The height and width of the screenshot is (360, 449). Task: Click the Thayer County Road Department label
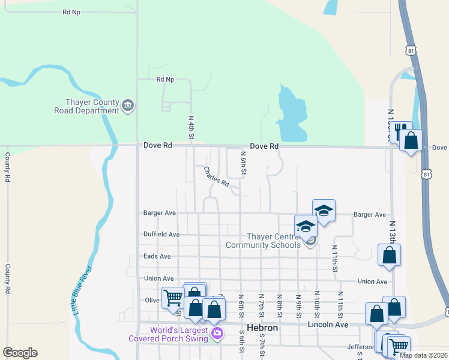[87, 106]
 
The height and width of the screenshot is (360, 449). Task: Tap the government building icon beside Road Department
[128, 106]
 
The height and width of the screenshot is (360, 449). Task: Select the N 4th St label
[191, 129]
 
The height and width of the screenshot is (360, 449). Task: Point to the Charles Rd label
[217, 176]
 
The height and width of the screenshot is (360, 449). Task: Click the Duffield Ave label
[161, 234]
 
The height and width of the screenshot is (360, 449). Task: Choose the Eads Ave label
[157, 256]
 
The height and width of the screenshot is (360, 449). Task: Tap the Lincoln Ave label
[328, 325]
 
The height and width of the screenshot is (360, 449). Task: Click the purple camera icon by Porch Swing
[217, 334]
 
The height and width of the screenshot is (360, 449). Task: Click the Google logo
[20, 353]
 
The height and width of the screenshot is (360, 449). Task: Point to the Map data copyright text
[423, 355]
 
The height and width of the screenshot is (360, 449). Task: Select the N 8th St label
[280, 302]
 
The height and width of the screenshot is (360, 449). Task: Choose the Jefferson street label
[361, 347]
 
